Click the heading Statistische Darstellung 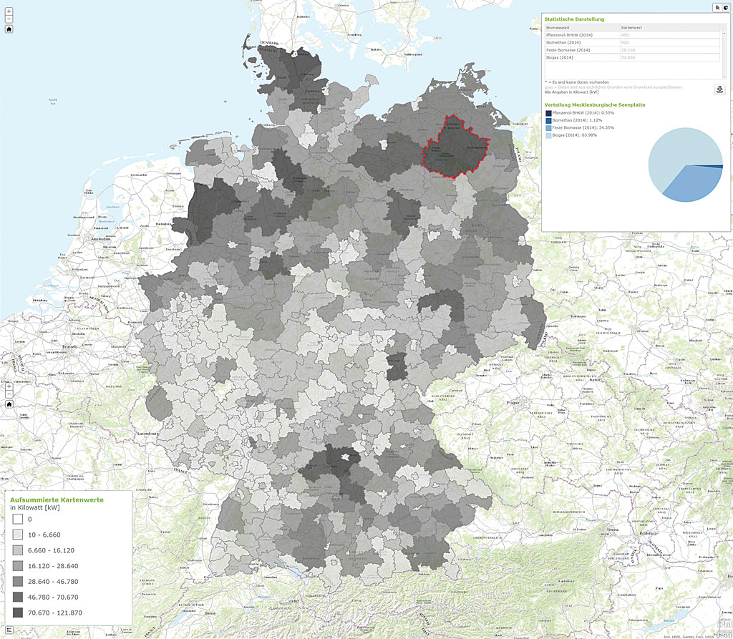[574, 19]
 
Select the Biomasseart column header [558, 26]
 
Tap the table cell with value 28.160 [630, 50]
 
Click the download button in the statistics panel [719, 89]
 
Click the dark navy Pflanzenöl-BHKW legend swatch [548, 113]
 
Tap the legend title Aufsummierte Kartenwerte [57, 499]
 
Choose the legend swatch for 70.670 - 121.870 [18, 613]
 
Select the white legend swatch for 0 [18, 519]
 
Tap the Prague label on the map [492, 402]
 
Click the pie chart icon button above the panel [725, 7]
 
